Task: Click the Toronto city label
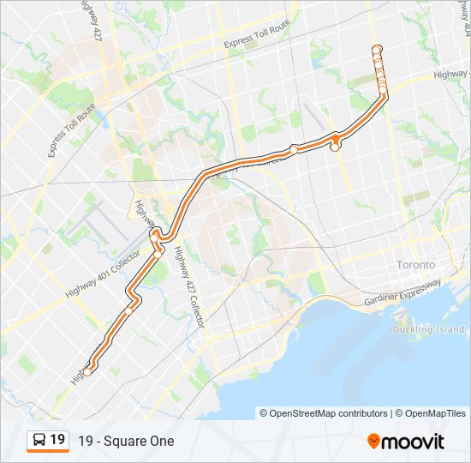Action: [416, 265]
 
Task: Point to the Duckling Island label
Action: [428, 329]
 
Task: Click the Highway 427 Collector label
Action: [188, 287]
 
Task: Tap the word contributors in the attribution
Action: [364, 413]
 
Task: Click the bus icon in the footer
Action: [39, 441]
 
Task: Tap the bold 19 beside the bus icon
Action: [57, 440]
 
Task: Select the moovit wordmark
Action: [414, 442]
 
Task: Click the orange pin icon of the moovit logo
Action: [373, 442]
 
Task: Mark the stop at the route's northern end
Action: [376, 48]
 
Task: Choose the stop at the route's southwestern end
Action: [87, 371]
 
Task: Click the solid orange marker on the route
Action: [337, 137]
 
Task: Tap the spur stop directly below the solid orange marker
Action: [335, 148]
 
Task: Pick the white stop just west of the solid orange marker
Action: [294, 149]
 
